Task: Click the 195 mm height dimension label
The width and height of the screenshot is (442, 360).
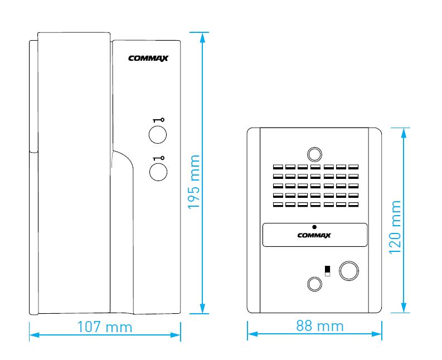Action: coord(194,182)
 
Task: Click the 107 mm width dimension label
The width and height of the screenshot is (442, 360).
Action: coord(105,327)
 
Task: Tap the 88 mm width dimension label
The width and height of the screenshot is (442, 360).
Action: coord(320,326)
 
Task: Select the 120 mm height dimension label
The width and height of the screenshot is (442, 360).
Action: coord(395,227)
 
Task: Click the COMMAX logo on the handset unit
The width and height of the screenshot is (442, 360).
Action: coord(148,59)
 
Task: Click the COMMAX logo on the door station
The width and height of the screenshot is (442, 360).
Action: coord(314,235)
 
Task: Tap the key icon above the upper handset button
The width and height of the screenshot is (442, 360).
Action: coord(159,120)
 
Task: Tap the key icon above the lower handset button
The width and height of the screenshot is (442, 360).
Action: coord(159,158)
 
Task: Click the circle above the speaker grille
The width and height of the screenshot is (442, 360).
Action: coord(314,154)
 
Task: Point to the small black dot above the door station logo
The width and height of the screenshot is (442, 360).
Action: coord(314,227)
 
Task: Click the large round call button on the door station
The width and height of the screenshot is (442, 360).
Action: coord(349,271)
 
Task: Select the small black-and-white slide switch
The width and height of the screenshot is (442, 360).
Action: coord(327,271)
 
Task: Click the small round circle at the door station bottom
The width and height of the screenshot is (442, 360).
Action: coord(314,284)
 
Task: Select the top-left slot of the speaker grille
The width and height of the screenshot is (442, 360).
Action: coord(278,167)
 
